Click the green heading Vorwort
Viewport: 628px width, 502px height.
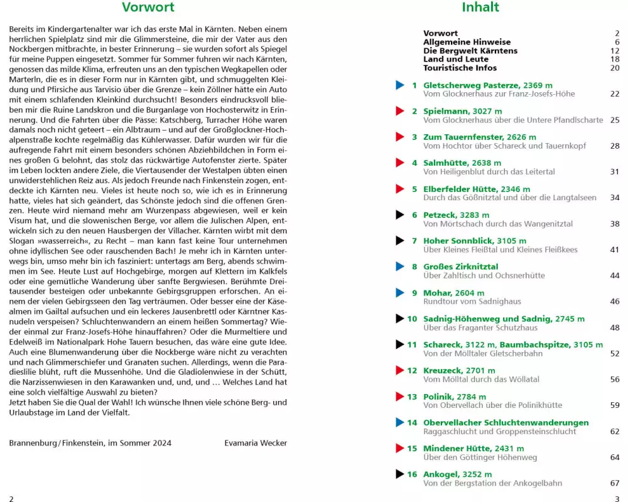click(148, 8)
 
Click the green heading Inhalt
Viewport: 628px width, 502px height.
click(480, 8)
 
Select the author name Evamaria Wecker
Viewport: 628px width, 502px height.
click(256, 442)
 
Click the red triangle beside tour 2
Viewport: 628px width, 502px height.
click(399, 111)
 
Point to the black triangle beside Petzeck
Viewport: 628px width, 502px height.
click(399, 215)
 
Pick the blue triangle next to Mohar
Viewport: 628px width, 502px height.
click(399, 292)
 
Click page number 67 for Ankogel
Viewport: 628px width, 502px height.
click(615, 483)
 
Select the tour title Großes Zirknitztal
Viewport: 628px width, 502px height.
click(460, 267)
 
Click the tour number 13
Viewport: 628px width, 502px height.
click(412, 397)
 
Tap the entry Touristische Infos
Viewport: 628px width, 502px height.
click(460, 68)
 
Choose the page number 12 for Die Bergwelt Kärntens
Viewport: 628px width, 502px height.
click(615, 51)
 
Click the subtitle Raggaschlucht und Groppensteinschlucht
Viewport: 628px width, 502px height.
click(499, 432)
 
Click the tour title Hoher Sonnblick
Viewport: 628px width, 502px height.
click(458, 241)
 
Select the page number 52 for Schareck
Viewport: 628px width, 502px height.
click(615, 354)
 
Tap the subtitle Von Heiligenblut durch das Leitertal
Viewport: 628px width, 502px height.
click(489, 172)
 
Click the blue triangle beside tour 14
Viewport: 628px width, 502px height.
click(399, 422)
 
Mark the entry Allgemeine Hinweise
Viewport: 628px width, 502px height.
click(467, 42)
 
